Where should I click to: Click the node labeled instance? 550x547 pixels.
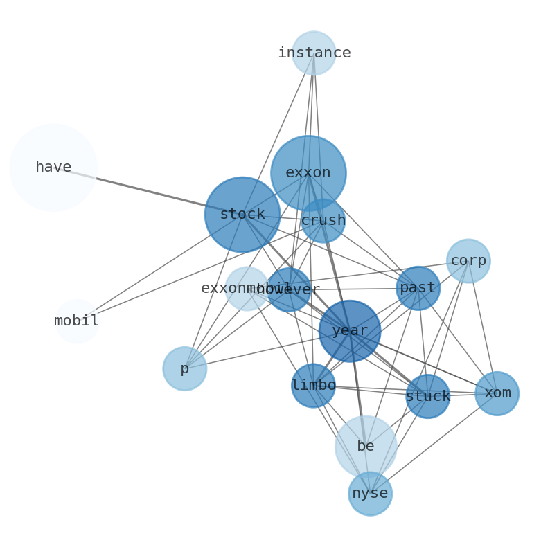tap(314, 53)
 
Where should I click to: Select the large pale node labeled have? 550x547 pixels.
tap(53, 168)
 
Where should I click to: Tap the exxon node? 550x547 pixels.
tap(308, 172)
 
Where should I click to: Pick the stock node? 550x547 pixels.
tap(242, 215)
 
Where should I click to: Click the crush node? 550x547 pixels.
tap(323, 221)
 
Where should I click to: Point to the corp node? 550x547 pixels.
tap(468, 261)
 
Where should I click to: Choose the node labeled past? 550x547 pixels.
tap(418, 288)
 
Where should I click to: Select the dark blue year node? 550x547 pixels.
tap(350, 331)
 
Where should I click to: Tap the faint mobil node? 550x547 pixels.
tap(77, 321)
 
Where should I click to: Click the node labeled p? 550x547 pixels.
tap(184, 368)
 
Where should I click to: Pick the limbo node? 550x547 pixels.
tap(314, 386)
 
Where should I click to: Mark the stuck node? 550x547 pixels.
tap(427, 396)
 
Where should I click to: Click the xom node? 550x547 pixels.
tap(497, 393)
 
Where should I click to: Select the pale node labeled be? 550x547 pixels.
tap(366, 447)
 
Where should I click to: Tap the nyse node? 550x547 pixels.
tap(370, 494)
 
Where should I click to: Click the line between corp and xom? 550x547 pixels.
tap(483, 328)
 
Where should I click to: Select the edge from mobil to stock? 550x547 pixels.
tap(159, 268)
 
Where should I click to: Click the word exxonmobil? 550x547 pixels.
tap(229, 288)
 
